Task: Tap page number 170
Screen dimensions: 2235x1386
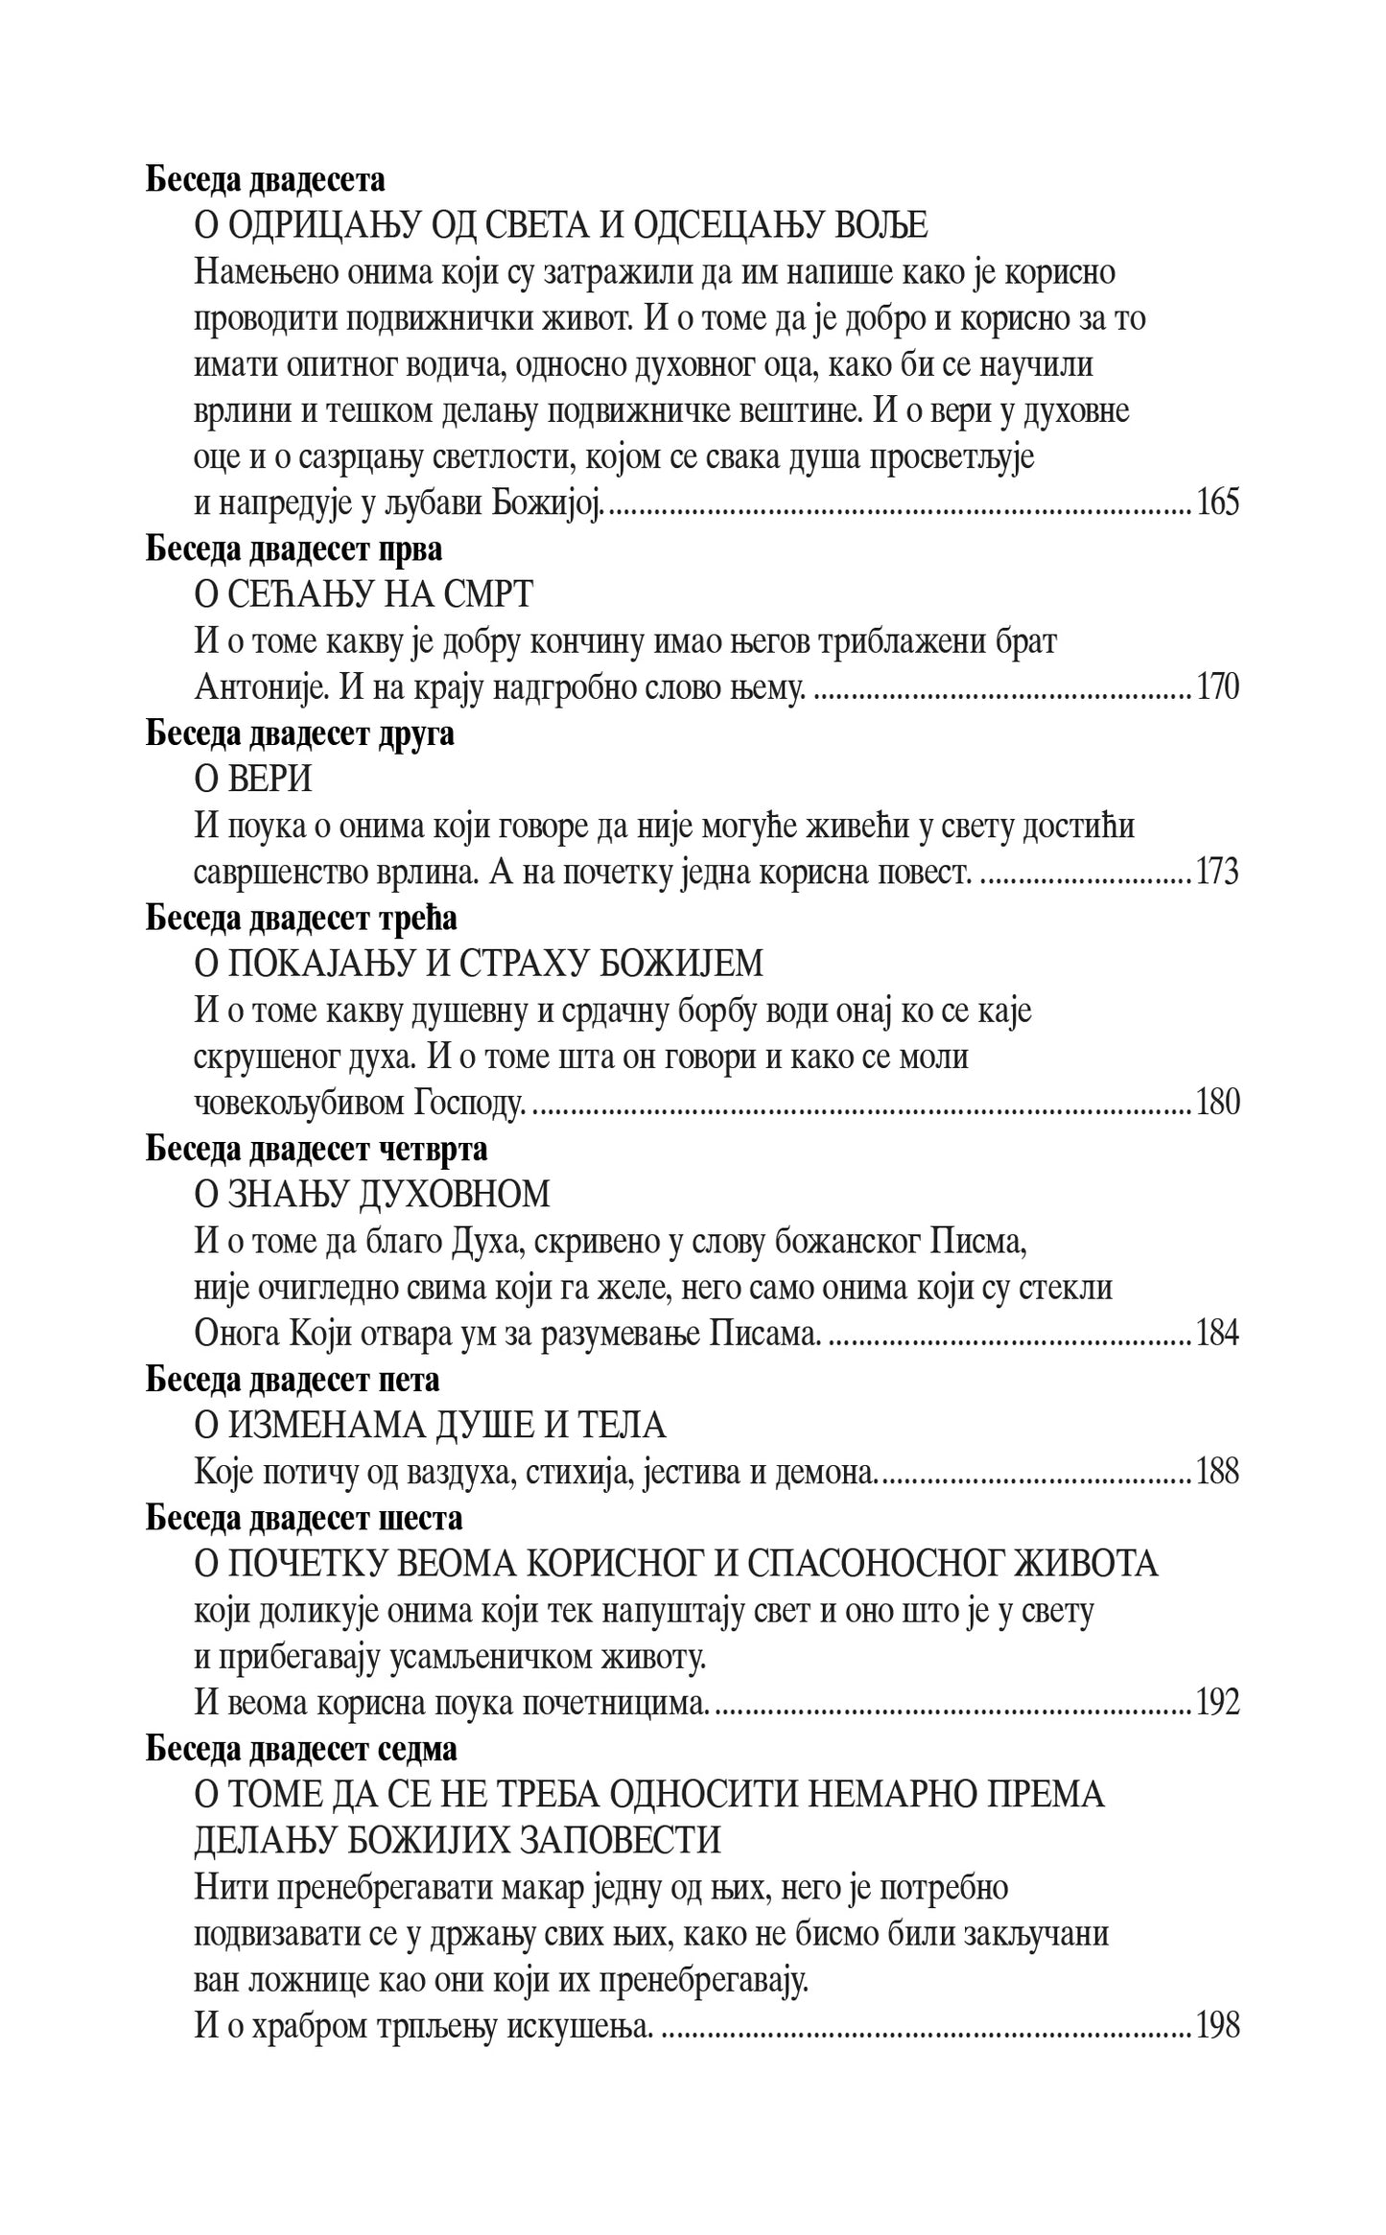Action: click(1217, 687)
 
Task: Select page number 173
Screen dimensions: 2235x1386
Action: click(1217, 873)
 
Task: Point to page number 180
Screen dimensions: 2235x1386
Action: click(1217, 1103)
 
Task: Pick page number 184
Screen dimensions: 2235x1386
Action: click(1217, 1334)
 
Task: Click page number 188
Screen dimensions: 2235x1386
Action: click(1217, 1472)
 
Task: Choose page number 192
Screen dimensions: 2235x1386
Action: click(1217, 1702)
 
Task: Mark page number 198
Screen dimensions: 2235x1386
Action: click(1217, 2025)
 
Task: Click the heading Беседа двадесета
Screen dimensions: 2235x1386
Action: click(266, 180)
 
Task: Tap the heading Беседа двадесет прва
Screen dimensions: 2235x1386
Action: click(294, 549)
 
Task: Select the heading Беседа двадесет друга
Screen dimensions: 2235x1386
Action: click(299, 734)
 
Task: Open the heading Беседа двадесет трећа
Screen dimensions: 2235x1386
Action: click(301, 919)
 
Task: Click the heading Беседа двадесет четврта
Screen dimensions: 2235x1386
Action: click(317, 1149)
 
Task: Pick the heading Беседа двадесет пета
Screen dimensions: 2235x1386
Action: click(293, 1380)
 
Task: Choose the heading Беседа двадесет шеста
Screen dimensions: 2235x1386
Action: click(304, 1518)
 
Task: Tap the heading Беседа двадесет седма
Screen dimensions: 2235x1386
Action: click(301, 1749)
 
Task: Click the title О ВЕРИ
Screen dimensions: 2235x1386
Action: click(253, 780)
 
